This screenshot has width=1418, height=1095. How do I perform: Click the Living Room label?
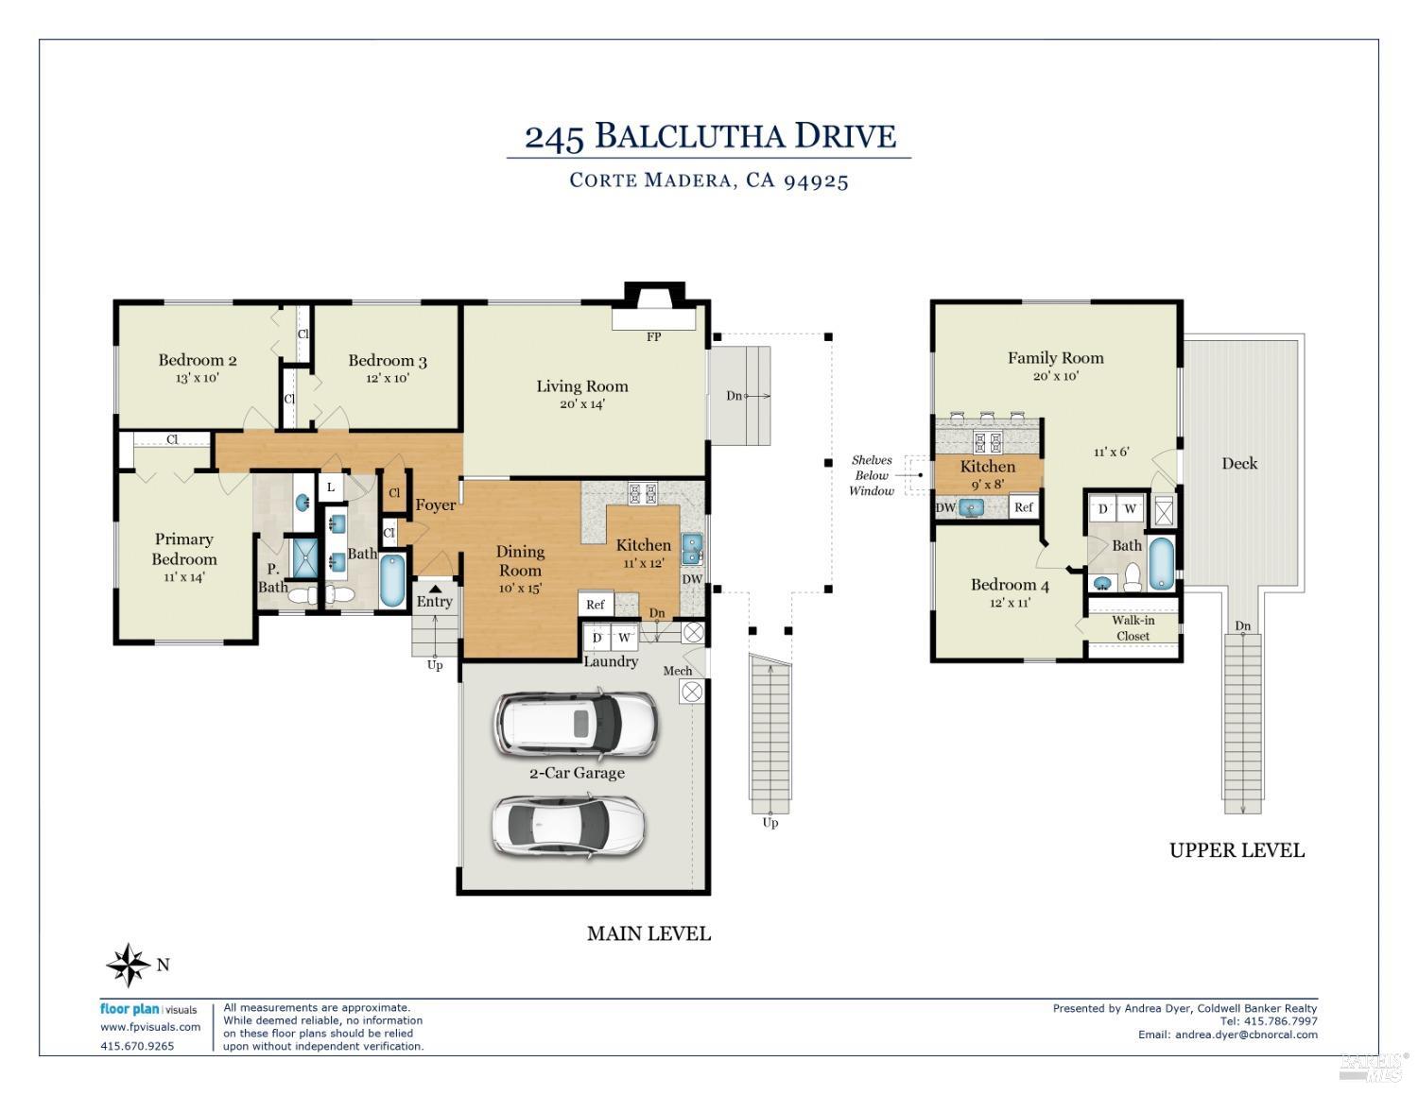581,385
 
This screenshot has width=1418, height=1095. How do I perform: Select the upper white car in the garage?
575,725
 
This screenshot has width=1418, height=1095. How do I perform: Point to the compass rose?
128,965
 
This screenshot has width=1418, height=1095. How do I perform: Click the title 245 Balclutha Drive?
709,137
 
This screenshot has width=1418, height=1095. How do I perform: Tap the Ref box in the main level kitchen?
596,605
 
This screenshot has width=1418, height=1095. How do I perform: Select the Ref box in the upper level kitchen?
1024,507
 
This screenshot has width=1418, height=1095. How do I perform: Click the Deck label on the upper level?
1238,463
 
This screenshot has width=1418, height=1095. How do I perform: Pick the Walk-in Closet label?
1133,628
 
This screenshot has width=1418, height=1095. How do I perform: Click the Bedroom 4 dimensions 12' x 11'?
1010,603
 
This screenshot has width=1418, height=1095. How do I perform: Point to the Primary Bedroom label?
183,549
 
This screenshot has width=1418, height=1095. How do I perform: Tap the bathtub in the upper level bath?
1161,563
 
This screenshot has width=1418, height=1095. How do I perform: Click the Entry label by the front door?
434,601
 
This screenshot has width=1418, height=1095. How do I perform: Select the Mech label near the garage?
677,671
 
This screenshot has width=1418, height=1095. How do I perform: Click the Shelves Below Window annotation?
871,475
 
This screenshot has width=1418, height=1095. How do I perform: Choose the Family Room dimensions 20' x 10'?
1055,376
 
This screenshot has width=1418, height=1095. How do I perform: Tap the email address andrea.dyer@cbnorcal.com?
1246,1035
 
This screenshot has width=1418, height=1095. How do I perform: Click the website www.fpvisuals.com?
150,1027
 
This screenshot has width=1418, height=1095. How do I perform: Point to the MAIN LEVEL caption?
648,933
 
